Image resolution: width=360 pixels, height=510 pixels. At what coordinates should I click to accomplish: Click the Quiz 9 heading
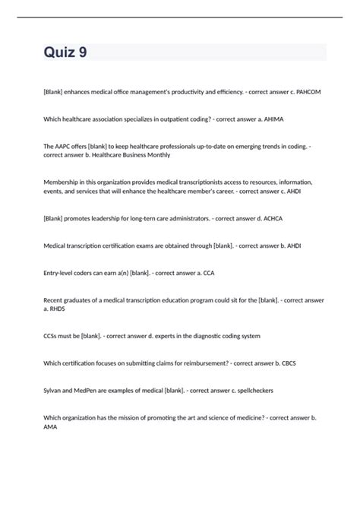tap(65, 53)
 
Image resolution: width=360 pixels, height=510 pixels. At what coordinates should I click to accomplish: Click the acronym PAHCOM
tap(306, 92)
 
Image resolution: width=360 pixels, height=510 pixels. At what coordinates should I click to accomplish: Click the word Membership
tap(64, 182)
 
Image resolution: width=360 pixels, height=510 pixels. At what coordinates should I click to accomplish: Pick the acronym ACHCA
tap(264, 218)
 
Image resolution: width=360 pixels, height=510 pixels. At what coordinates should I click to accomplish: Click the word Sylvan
tap(55, 390)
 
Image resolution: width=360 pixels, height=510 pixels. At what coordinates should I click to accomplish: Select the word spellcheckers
tap(251, 390)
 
